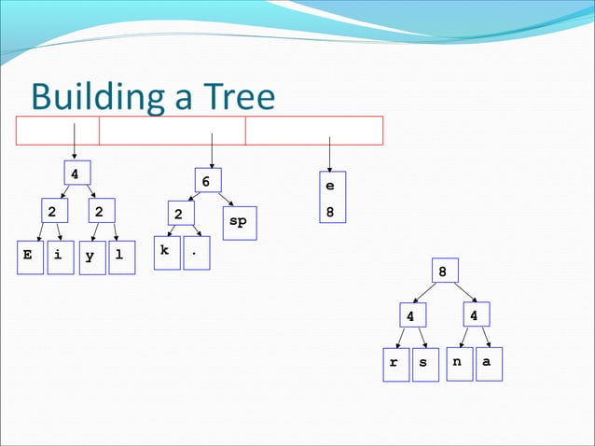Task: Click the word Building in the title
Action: tap(102, 98)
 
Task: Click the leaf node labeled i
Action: tap(59, 257)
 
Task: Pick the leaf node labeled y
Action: tap(91, 258)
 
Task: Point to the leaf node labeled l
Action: tap(121, 258)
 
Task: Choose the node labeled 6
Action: tap(207, 181)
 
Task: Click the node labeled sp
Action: tap(238, 222)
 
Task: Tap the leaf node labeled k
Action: tap(166, 252)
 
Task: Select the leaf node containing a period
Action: tap(196, 253)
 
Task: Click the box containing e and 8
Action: tap(329, 199)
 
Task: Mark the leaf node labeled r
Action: tap(394, 364)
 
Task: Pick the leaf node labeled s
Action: tap(424, 364)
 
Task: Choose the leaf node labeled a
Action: tap(487, 363)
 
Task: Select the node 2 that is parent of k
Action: tap(179, 215)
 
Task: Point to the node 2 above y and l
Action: tap(98, 212)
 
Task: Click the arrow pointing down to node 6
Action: tap(213, 150)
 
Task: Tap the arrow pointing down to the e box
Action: tap(329, 153)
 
